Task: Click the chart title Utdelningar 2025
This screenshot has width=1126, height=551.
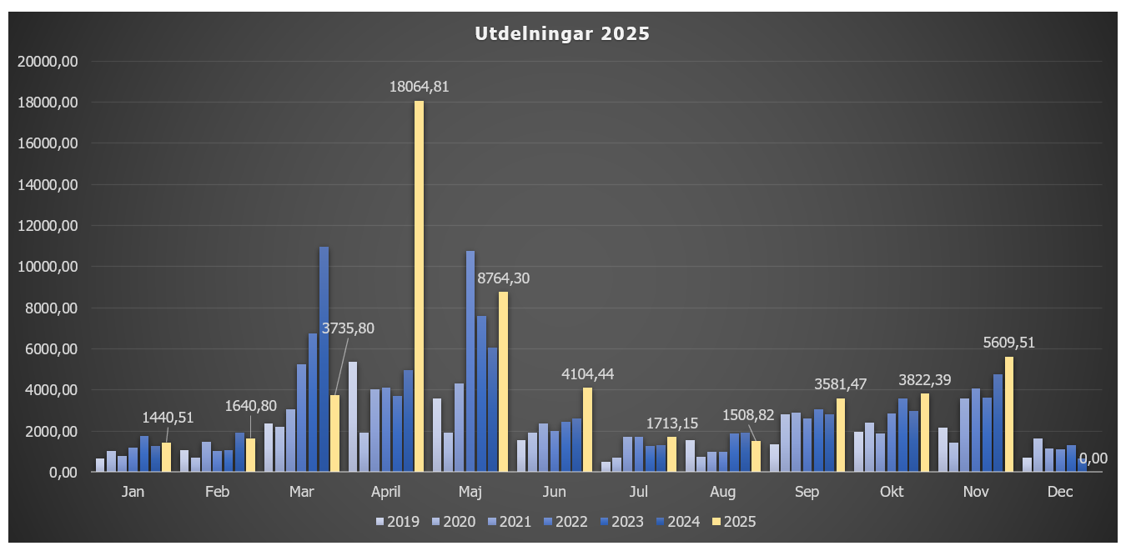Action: [562, 34]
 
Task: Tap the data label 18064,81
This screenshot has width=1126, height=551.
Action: [420, 87]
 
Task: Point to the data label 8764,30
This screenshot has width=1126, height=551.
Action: [503, 278]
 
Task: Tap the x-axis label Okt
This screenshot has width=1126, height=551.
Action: [892, 493]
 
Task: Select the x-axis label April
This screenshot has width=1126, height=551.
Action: [386, 493]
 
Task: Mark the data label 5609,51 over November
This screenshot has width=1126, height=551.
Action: [1008, 343]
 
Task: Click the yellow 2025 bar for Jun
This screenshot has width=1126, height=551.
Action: [587, 429]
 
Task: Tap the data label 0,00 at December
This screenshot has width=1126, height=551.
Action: [1093, 458]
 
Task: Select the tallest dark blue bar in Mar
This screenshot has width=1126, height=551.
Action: [324, 359]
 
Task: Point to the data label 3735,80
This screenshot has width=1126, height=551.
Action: [348, 328]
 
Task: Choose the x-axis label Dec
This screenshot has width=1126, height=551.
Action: [1060, 493]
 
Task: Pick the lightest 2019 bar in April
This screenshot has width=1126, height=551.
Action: [353, 417]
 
